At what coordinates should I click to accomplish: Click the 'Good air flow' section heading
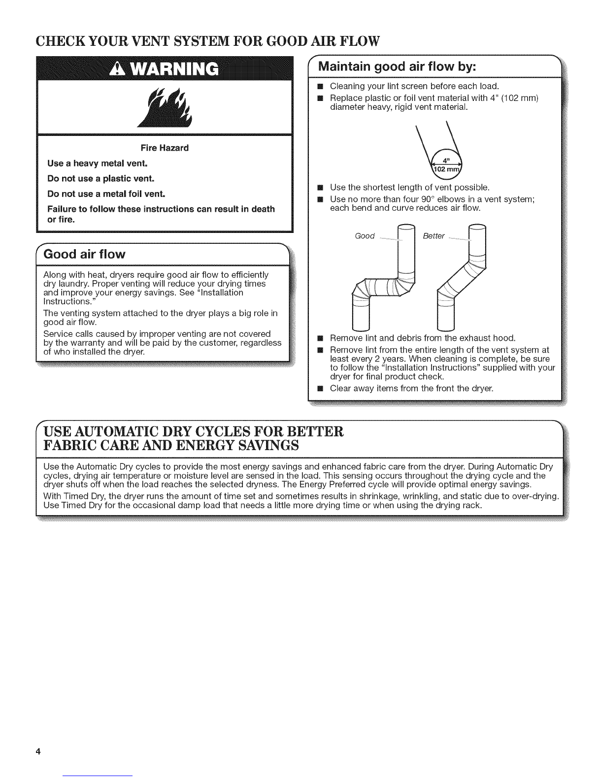click(x=85, y=254)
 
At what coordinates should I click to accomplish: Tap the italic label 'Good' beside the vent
click(x=365, y=236)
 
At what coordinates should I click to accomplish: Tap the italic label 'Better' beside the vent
click(x=434, y=236)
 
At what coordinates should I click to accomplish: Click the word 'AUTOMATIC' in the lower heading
click(x=111, y=432)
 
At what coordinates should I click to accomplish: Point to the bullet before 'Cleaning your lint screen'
click(x=319, y=87)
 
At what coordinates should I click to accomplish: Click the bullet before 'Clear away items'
click(x=319, y=389)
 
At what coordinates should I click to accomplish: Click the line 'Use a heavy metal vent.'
click(x=91, y=163)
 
